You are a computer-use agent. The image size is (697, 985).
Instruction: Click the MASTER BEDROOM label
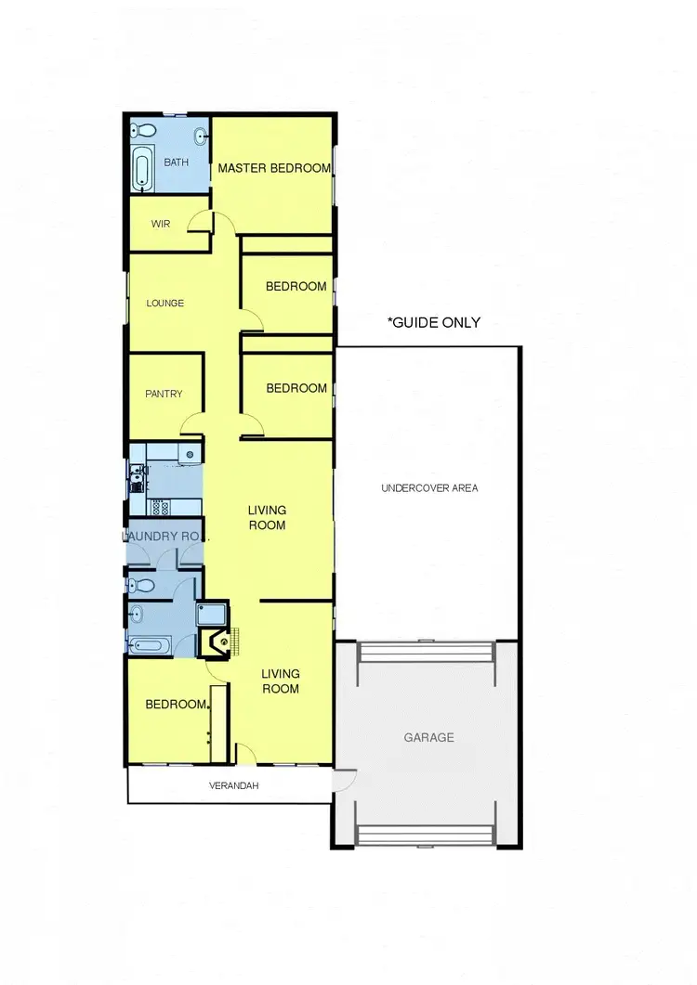click(274, 168)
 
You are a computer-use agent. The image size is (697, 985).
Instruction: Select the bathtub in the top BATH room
click(142, 169)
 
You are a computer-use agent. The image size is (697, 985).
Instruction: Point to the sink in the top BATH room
click(201, 138)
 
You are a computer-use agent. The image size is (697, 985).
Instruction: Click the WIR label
click(161, 223)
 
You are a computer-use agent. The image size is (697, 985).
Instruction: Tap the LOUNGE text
click(165, 303)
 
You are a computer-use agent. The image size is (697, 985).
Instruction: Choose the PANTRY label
click(164, 394)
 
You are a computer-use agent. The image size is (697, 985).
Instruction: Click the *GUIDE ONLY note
click(434, 322)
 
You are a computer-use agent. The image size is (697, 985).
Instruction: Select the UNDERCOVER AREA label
click(429, 487)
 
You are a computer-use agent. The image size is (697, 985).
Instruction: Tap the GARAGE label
click(428, 737)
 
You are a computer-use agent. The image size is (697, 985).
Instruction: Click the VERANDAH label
click(232, 785)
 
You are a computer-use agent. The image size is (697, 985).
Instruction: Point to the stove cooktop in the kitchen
click(157, 506)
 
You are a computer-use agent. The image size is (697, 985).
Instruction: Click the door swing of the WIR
click(198, 221)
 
